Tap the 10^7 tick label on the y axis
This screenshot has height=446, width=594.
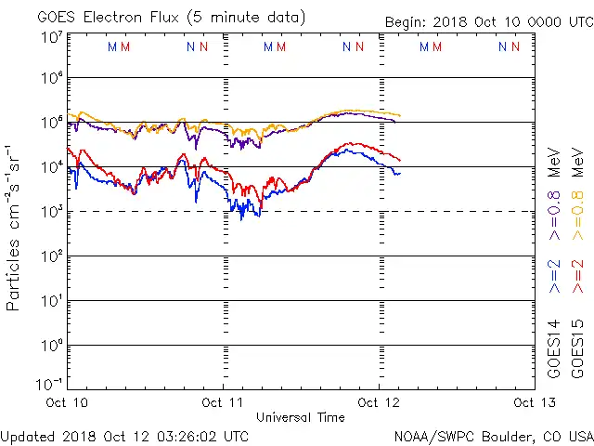coord(52,38)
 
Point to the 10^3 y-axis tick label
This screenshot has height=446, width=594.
coord(52,211)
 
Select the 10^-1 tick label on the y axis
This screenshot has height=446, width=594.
coord(50,383)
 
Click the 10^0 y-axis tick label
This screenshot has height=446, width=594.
coord(52,345)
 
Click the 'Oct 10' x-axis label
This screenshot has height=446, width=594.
coord(66,403)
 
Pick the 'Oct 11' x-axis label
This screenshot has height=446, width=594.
coord(224,403)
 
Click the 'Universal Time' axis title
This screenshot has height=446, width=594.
coord(301,417)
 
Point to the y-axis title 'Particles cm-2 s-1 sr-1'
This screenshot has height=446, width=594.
coord(14,228)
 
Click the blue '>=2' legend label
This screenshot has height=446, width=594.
coord(555,277)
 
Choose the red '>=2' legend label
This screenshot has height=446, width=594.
coord(578,277)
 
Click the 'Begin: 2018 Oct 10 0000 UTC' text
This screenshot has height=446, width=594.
coord(488,22)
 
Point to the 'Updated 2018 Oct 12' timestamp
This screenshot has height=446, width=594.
coord(124,436)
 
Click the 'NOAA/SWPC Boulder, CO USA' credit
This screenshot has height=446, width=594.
coord(493,436)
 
